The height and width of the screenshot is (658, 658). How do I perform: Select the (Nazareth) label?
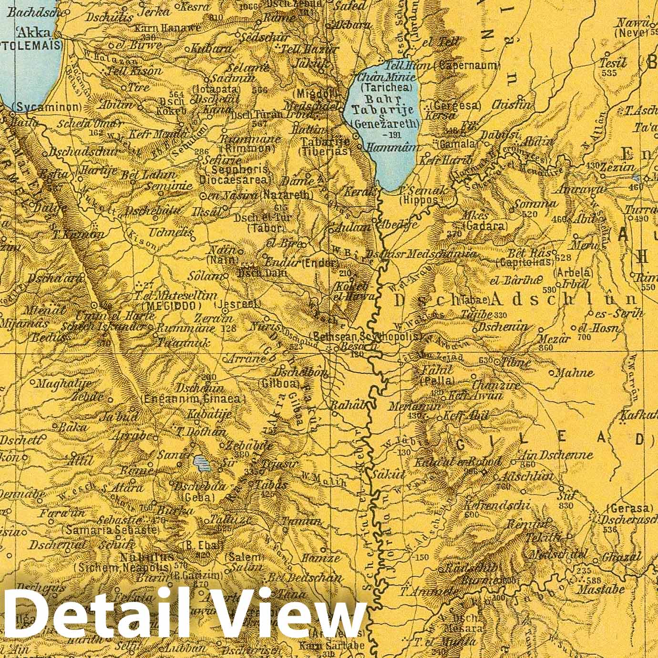point(286,195)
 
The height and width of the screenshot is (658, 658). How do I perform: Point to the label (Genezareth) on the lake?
point(385,124)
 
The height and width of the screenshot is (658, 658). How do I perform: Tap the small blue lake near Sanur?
point(201,462)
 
